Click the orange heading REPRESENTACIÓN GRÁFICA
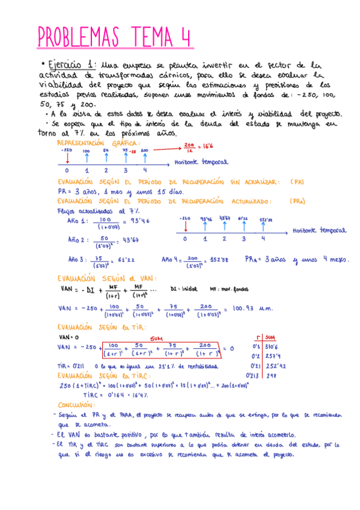click(x=99, y=143)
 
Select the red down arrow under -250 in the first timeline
click(x=67, y=158)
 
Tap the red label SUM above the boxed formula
click(x=160, y=338)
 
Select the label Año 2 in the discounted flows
click(x=76, y=239)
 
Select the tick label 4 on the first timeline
click(x=145, y=170)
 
